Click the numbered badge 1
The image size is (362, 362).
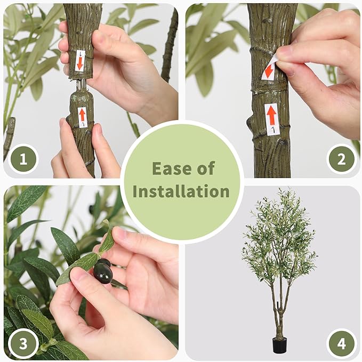[x=23, y=159]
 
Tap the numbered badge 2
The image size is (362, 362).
[x=341, y=159]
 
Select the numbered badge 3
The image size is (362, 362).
[x=23, y=343]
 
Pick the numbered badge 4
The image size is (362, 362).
[x=341, y=343]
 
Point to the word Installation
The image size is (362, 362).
[x=181, y=191]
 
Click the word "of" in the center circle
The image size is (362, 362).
[x=206, y=168]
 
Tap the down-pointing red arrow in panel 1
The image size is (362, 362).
[x=79, y=63]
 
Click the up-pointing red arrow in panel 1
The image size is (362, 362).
[x=82, y=115]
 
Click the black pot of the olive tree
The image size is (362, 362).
[x=279, y=345]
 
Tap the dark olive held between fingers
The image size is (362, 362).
[x=103, y=272]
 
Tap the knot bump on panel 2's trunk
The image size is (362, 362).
[x=251, y=126]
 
